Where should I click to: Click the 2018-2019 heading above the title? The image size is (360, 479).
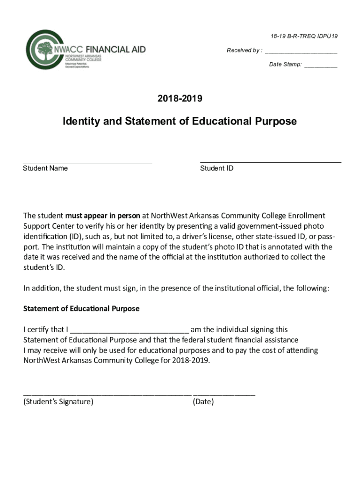pyautogui.click(x=180, y=99)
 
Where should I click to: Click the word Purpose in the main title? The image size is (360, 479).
pyautogui.click(x=275, y=122)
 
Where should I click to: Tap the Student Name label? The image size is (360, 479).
pyautogui.click(x=45, y=168)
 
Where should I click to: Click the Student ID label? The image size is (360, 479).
pyautogui.click(x=216, y=168)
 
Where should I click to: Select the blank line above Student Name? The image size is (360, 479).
pyautogui.click(x=87, y=162)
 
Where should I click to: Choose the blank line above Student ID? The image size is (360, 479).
pyautogui.click(x=270, y=162)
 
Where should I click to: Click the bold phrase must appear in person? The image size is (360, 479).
pyautogui.click(x=102, y=216)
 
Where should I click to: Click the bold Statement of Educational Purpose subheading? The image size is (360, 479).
pyautogui.click(x=81, y=309)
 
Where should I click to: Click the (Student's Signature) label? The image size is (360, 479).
pyautogui.click(x=58, y=401)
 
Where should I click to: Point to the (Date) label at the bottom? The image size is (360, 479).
pyautogui.click(x=203, y=401)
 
